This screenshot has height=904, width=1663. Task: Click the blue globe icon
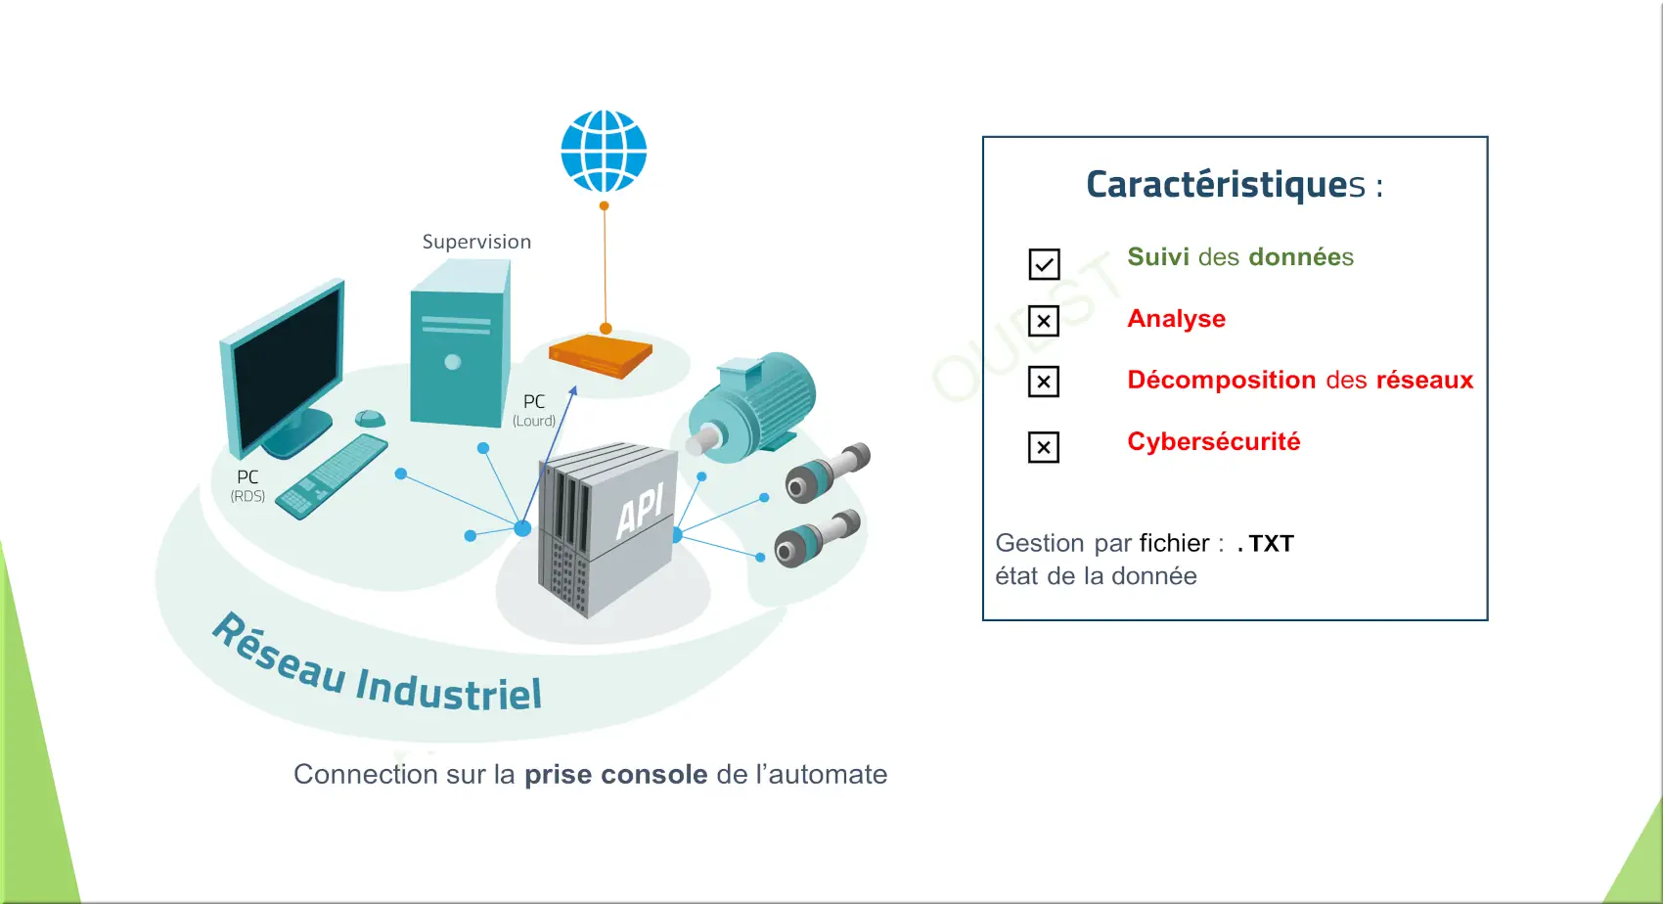tap(604, 152)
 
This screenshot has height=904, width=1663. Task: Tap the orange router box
tap(601, 356)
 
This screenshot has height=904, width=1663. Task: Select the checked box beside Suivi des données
tap(1044, 264)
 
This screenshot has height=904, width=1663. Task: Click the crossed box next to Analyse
tap(1044, 321)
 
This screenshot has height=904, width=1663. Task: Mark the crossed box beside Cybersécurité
tap(1044, 447)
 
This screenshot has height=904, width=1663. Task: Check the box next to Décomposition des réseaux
tap(1044, 382)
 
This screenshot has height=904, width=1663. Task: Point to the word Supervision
tap(476, 242)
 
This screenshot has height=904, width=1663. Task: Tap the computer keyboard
tap(331, 477)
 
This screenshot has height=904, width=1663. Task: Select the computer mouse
tap(370, 419)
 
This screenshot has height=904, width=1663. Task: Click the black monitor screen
tap(288, 368)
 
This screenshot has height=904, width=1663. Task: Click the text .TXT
tap(1266, 544)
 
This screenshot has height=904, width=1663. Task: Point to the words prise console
tap(615, 774)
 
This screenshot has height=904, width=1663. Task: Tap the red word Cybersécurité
tap(1214, 441)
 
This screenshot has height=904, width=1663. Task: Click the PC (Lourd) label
tap(534, 410)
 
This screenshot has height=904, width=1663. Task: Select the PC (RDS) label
tap(247, 485)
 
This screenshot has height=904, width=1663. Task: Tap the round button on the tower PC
tap(452, 362)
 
